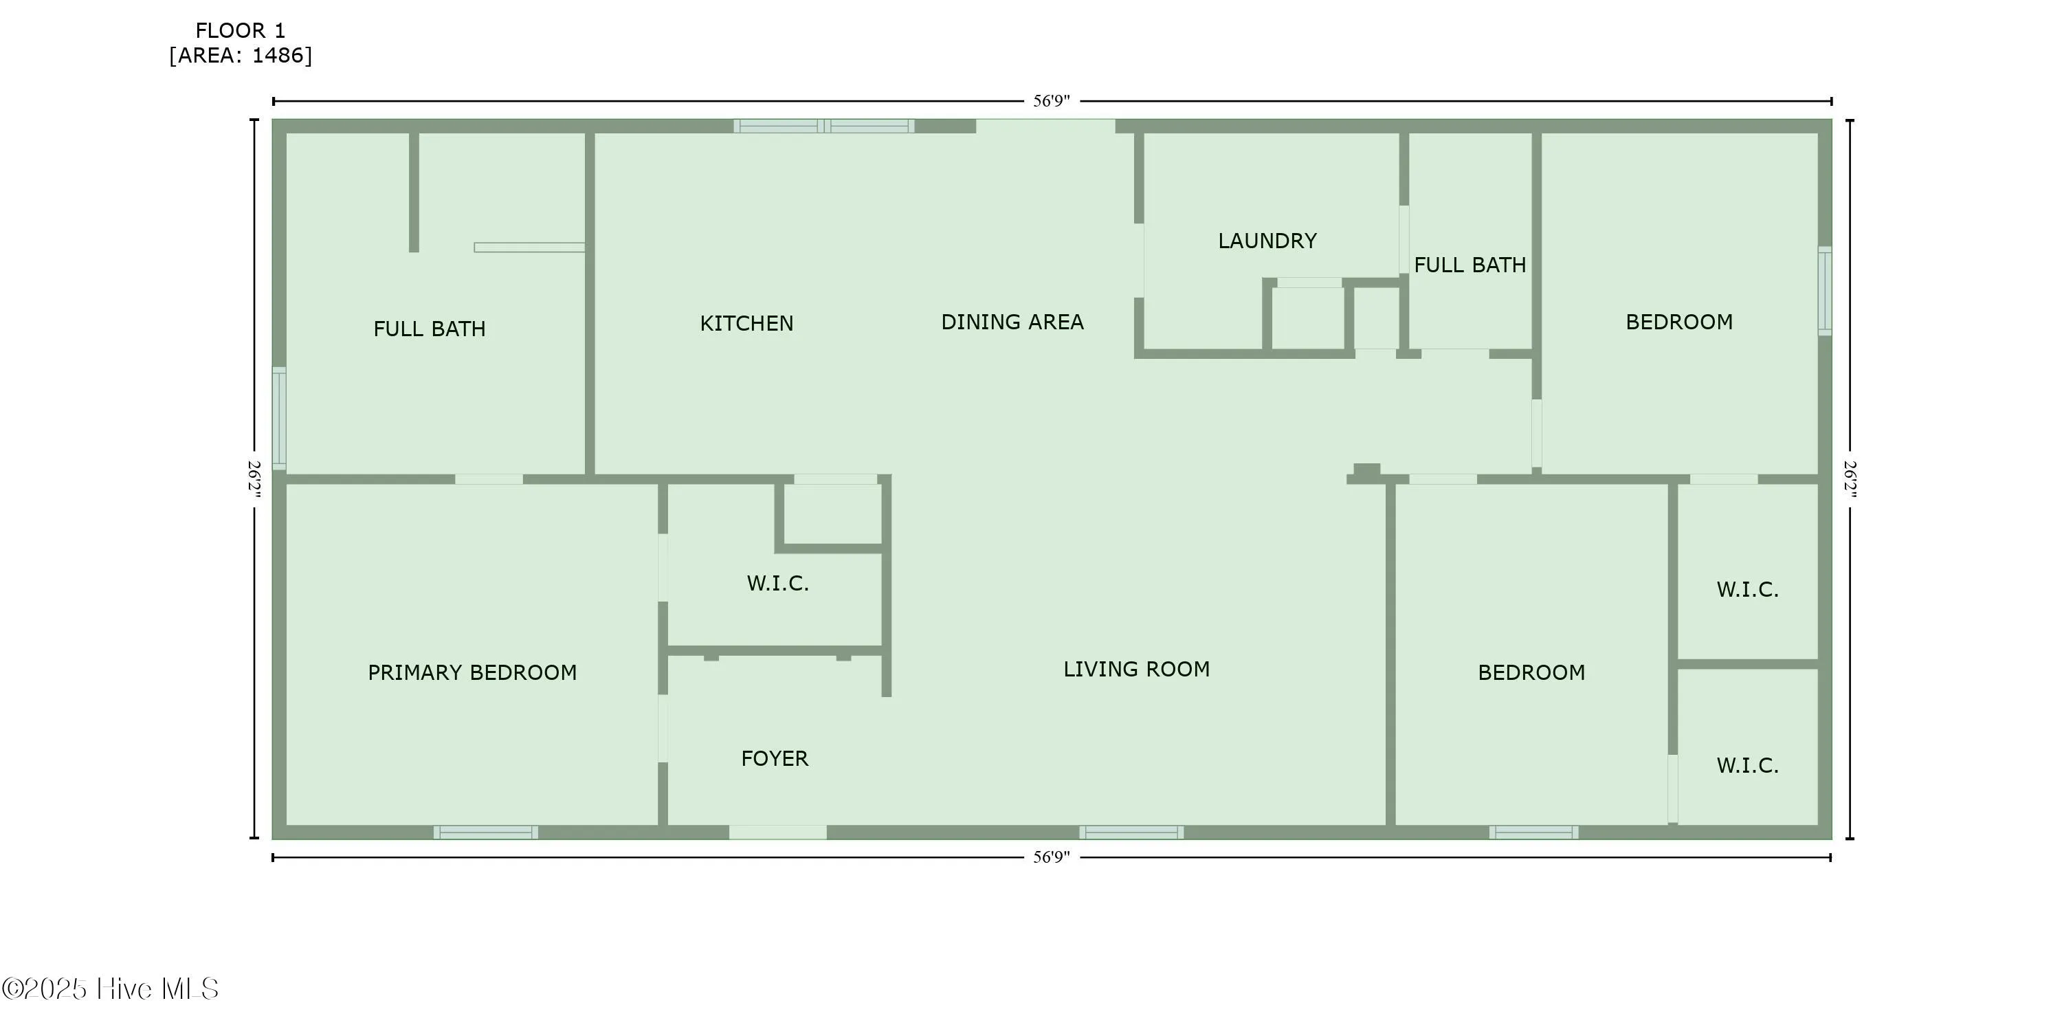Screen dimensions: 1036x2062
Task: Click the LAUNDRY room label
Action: coord(1267,241)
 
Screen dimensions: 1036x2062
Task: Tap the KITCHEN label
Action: coord(746,324)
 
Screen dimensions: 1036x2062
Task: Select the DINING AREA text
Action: coord(1012,322)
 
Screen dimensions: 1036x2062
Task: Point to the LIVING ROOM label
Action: coord(1136,670)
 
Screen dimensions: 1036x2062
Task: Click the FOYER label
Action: coord(774,758)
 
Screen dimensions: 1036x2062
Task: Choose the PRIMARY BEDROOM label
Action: coord(472,672)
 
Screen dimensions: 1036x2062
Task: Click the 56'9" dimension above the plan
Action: coord(1051,101)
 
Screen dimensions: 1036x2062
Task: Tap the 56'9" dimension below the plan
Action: coord(1051,857)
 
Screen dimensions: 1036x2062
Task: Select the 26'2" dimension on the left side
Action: coord(254,478)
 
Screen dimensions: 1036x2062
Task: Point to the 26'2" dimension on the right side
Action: coord(1850,478)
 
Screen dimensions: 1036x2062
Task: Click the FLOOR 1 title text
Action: coord(240,30)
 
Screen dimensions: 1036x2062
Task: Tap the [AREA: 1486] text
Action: coord(240,55)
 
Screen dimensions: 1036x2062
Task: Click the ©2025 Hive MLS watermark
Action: coord(111,989)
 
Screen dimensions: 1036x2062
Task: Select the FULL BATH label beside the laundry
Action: coord(1470,265)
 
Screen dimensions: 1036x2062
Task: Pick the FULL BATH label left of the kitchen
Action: coord(429,329)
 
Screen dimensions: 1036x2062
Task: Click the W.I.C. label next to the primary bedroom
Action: coord(777,584)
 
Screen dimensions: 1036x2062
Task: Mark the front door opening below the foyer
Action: coord(777,833)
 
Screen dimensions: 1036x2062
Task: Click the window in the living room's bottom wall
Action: coord(1131,833)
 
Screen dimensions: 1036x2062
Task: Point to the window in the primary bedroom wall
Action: coord(486,833)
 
